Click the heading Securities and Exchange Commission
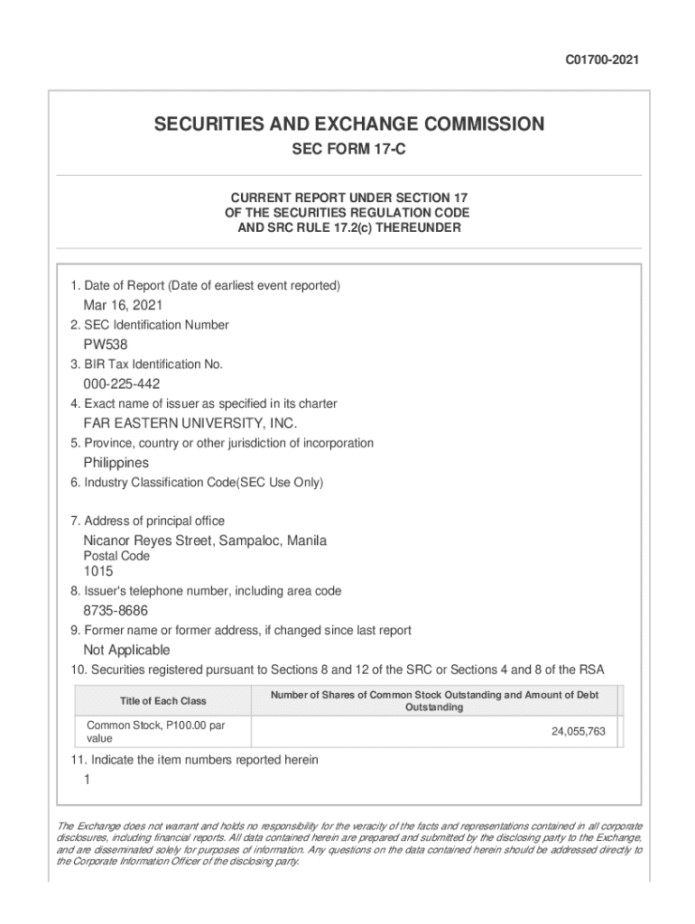click(x=348, y=125)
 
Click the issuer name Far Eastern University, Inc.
click(x=190, y=423)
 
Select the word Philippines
click(x=116, y=463)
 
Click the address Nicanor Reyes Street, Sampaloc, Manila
click(x=205, y=541)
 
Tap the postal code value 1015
click(x=99, y=571)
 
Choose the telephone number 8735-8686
click(x=116, y=611)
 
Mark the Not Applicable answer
click(x=126, y=651)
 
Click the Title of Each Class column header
click(x=162, y=701)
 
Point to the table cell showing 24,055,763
click(x=579, y=732)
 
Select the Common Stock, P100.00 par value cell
click(x=155, y=732)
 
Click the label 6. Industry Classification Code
click(x=197, y=483)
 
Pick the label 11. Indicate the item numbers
click(x=194, y=760)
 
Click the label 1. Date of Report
click(x=205, y=286)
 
